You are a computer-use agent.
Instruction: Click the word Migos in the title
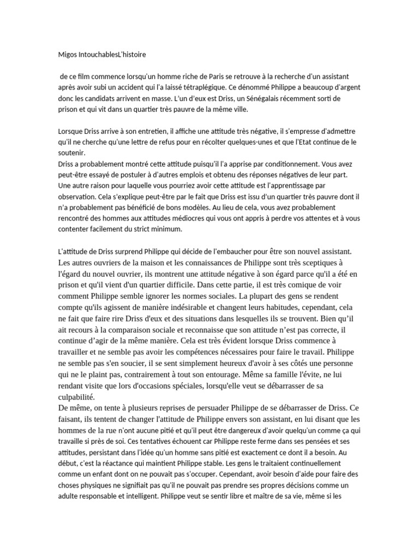pos(68,55)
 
